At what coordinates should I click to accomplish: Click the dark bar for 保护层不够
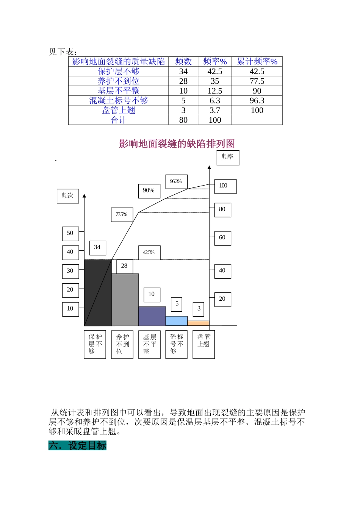[98, 292]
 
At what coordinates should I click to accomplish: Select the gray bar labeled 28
[125, 300]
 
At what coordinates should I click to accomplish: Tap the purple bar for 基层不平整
[152, 316]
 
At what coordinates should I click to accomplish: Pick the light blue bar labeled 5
[177, 321]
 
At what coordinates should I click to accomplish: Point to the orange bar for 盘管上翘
[198, 323]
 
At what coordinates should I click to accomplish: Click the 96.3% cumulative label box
[176, 182]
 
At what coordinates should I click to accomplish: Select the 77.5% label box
[122, 215]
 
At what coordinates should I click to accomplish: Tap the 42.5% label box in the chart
[149, 253]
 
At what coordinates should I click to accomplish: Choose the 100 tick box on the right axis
[225, 186]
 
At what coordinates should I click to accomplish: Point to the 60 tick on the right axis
[222, 238]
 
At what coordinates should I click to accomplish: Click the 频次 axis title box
[68, 196]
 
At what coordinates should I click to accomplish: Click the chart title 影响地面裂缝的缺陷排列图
[177, 144]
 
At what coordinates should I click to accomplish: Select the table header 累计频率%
[257, 62]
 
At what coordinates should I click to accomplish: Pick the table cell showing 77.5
[257, 81]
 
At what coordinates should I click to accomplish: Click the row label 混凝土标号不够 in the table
[119, 100]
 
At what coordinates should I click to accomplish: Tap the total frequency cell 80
[183, 120]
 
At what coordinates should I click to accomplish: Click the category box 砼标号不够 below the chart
[177, 344]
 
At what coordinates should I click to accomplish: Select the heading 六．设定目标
[77, 445]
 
